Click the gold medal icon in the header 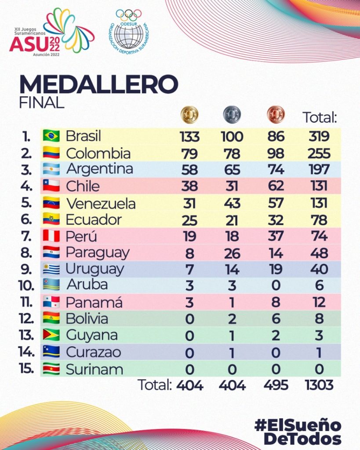tap(189, 115)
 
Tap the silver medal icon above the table tap(232, 115)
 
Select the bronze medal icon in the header tap(276, 115)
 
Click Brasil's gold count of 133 tap(189, 137)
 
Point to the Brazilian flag tap(51, 136)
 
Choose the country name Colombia tap(98, 153)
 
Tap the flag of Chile tap(51, 186)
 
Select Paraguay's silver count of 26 tap(232, 253)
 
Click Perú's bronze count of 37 tap(276, 236)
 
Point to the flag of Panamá tap(51, 302)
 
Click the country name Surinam tap(95, 369)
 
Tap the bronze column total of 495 tap(276, 385)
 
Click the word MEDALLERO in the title tap(98, 84)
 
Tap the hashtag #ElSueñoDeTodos tap(298, 432)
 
